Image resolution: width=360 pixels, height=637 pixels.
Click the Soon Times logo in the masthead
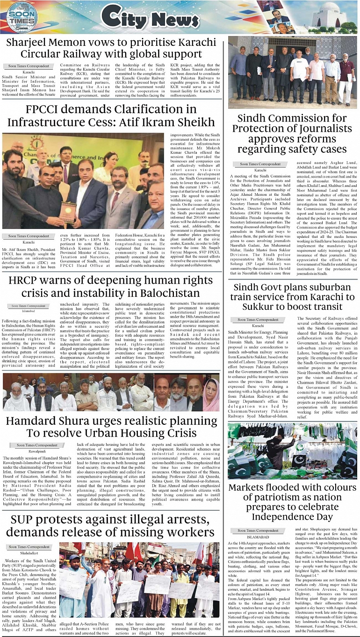click(x=22, y=17)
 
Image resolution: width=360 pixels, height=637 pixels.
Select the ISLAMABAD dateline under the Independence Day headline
click(x=246, y=537)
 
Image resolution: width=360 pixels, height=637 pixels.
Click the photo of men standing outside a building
click(x=292, y=72)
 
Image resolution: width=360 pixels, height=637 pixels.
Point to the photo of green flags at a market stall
click(x=292, y=451)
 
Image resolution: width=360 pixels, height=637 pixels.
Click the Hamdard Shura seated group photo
click(x=111, y=392)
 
